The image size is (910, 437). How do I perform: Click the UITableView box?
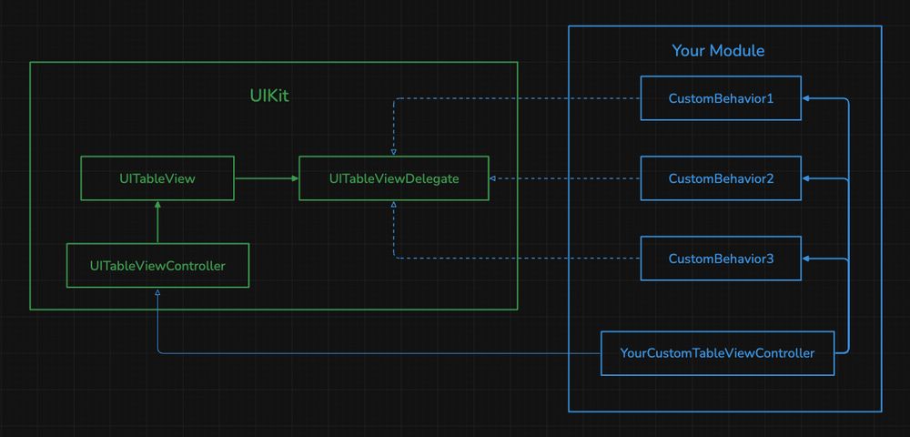[157, 178]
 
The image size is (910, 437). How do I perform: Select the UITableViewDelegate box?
[394, 178]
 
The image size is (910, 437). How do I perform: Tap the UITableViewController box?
[157, 266]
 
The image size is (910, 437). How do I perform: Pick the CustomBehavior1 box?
[721, 98]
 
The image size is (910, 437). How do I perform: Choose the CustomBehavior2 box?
[721, 178]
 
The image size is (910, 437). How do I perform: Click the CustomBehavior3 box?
[721, 259]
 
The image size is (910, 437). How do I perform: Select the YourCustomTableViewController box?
[717, 353]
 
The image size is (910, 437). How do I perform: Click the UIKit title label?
[269, 96]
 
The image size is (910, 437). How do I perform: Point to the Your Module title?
[718, 51]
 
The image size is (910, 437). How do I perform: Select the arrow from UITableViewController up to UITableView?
[157, 223]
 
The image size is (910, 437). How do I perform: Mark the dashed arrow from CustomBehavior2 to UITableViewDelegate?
[564, 178]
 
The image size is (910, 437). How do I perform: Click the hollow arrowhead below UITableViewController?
[157, 293]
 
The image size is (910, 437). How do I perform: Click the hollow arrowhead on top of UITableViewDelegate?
[394, 151]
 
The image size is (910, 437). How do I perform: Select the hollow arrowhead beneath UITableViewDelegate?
[394, 206]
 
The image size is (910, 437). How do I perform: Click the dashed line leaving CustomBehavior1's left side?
[519, 98]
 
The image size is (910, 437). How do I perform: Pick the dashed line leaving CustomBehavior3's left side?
[519, 259]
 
